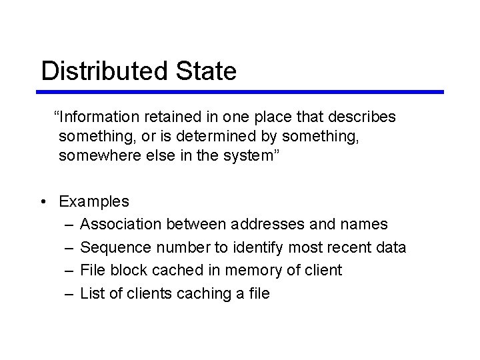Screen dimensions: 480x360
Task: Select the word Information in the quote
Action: pyautogui.click(x=99, y=117)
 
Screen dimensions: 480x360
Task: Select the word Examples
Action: pyautogui.click(x=94, y=201)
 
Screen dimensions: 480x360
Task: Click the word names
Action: pyautogui.click(x=364, y=224)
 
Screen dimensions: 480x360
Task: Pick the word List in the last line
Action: pyautogui.click(x=90, y=293)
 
